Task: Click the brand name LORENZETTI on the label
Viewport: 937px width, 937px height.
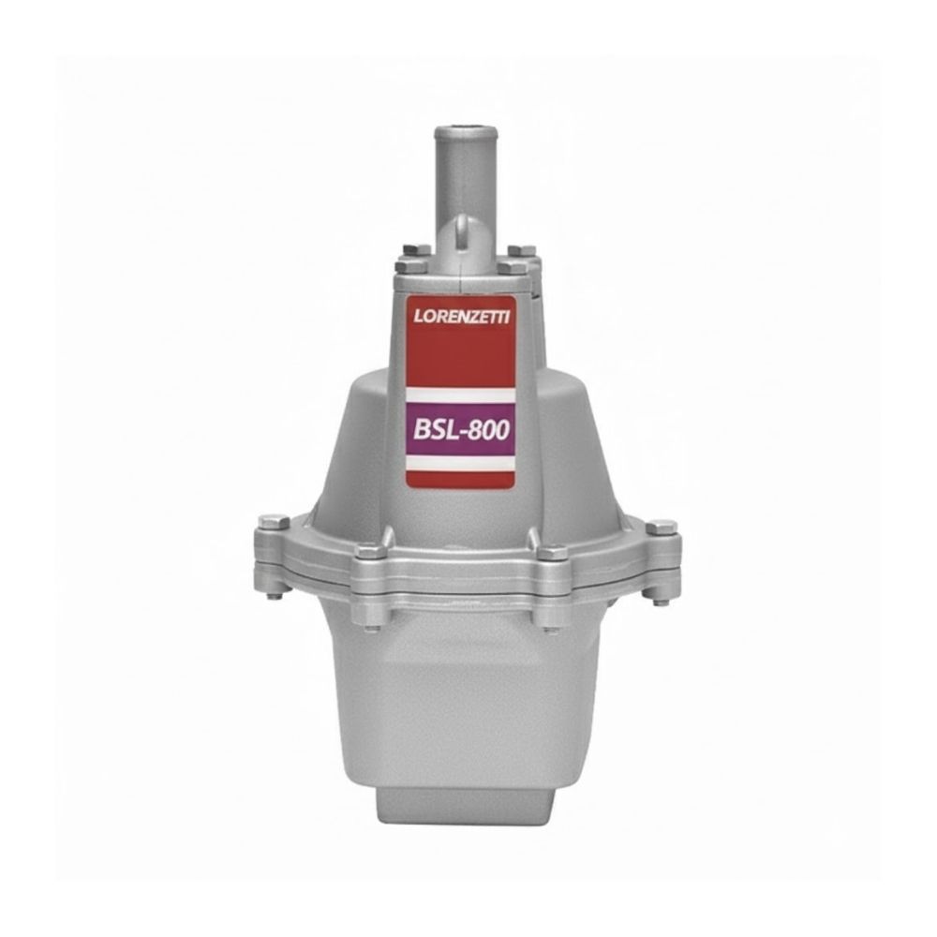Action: (461, 316)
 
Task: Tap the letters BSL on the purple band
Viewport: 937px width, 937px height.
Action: (435, 429)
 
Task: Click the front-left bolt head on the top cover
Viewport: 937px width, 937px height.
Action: (411, 265)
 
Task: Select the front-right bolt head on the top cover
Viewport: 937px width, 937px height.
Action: (513, 266)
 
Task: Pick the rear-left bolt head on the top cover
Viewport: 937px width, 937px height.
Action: (417, 249)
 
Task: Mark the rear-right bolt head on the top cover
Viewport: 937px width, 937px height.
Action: (521, 250)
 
